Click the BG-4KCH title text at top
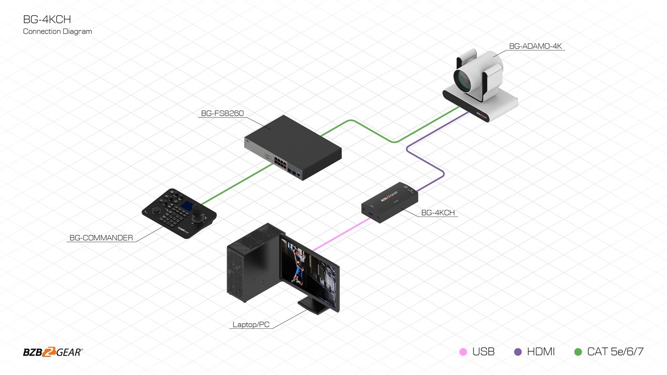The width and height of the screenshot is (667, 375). (47, 20)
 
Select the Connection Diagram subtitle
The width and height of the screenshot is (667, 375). (57, 31)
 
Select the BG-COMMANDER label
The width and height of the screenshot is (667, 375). (101, 238)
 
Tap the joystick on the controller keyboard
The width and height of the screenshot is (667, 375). (206, 218)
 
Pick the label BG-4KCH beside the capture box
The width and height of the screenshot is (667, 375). (439, 213)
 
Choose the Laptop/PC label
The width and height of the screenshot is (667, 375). (251, 325)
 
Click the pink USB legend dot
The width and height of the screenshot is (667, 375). (463, 352)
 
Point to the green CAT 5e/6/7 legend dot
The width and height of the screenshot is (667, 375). (578, 352)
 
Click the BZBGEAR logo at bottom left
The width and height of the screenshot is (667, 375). (53, 352)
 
